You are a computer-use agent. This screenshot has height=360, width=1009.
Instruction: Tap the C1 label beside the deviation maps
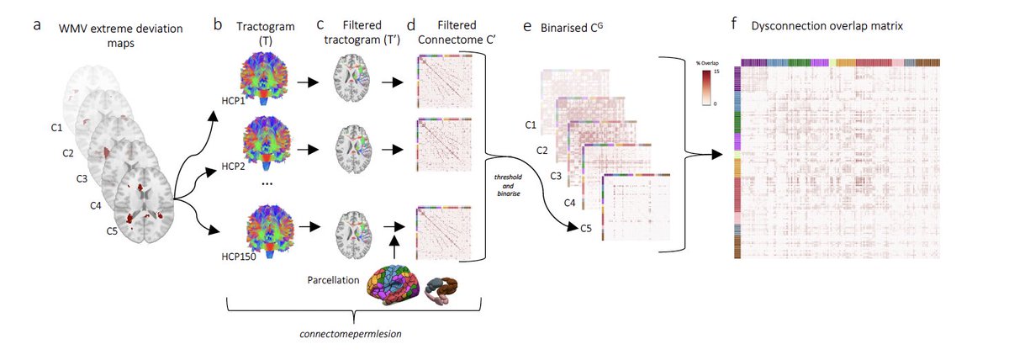click(56, 129)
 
